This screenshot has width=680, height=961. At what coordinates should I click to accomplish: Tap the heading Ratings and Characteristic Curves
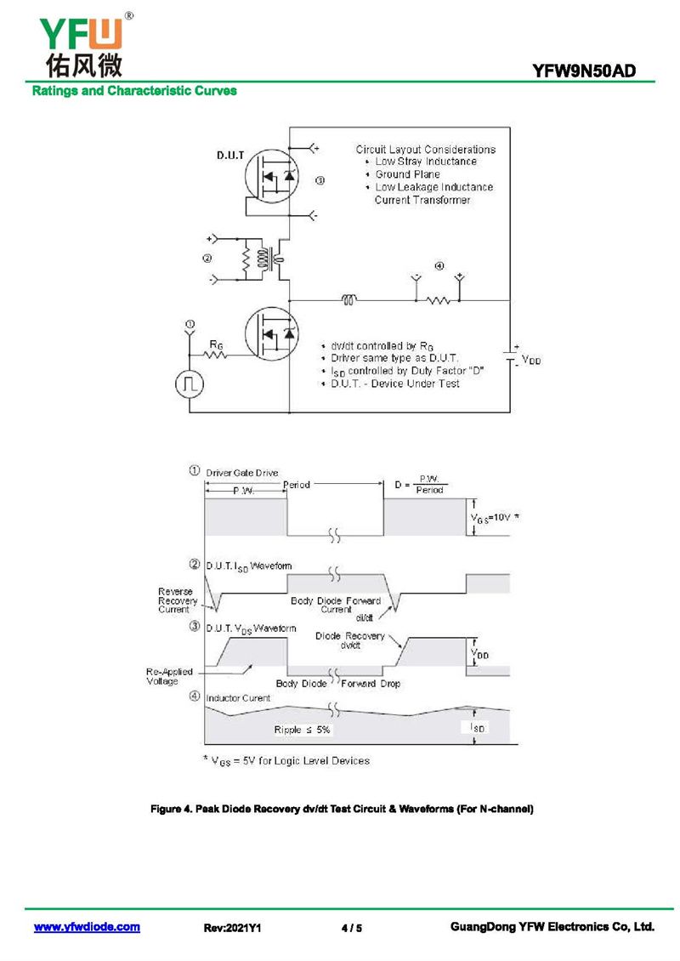[x=134, y=90]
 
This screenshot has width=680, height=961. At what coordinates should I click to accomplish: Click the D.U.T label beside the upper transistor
[x=231, y=156]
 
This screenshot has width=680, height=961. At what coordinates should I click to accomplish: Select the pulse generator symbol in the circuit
[x=189, y=384]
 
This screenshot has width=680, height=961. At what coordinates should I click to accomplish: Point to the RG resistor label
[x=217, y=344]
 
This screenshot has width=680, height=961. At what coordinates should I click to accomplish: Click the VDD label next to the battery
[x=531, y=361]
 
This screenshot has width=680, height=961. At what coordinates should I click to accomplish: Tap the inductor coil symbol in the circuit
[x=348, y=299]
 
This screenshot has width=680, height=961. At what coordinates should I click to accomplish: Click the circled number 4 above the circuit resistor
[x=439, y=266]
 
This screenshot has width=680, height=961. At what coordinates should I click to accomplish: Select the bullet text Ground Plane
[x=408, y=174]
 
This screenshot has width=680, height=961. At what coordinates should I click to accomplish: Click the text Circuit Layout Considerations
[x=425, y=149]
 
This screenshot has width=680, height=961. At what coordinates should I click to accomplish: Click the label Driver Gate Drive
[x=242, y=473]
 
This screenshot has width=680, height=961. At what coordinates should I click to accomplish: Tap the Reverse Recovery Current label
[x=177, y=600]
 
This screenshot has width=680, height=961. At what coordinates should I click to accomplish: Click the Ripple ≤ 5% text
[x=302, y=730]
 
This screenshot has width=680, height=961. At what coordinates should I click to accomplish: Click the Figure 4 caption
[x=342, y=809]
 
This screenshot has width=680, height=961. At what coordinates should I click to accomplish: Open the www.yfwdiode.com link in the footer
[x=87, y=927]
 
